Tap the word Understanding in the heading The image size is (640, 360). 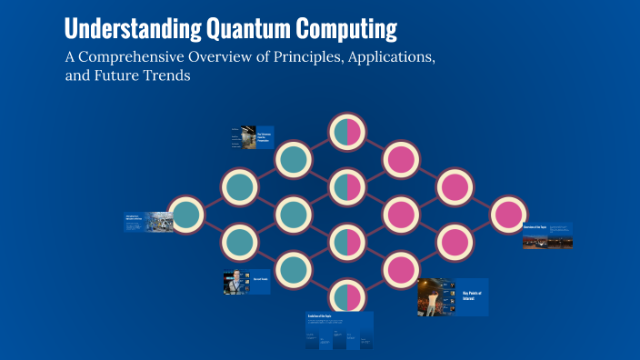[132, 29]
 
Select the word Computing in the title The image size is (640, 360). [351, 29]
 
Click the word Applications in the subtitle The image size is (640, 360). [386, 58]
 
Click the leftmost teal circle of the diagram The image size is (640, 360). [186, 215]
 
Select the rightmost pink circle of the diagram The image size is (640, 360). [508, 215]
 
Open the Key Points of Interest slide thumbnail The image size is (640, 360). [453, 297]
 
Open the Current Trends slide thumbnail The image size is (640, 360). [246, 283]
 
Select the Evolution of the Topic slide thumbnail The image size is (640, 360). [339, 331]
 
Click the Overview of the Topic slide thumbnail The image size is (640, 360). [547, 235]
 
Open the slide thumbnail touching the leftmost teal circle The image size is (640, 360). [149, 222]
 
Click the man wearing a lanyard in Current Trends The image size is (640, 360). [234, 283]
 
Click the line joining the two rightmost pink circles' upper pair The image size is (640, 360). [481, 202]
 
